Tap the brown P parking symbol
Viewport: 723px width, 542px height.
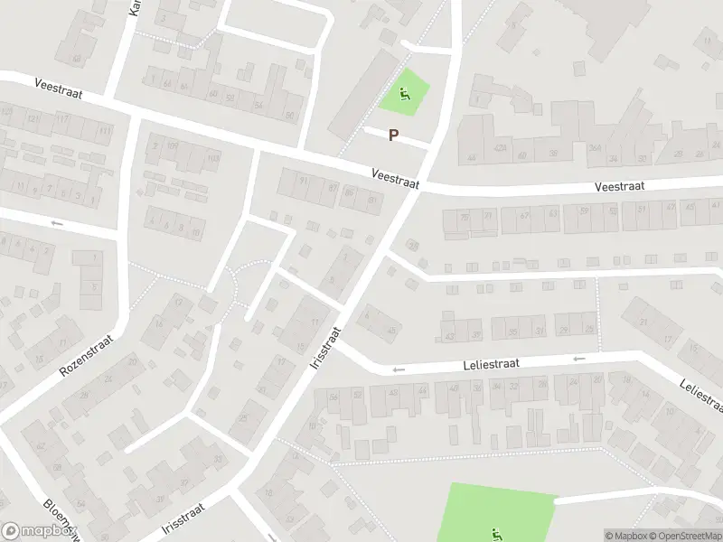click(393, 135)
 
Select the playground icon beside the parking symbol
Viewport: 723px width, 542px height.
click(403, 91)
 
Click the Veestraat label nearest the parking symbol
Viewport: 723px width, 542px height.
click(396, 177)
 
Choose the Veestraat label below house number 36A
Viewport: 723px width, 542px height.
click(619, 186)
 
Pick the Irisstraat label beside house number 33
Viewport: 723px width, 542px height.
click(183, 517)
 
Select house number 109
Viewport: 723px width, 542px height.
click(172, 145)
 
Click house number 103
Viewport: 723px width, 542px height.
click(213, 159)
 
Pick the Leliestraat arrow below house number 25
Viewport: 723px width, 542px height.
click(578, 359)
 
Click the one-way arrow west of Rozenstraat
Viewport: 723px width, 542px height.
click(57, 223)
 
